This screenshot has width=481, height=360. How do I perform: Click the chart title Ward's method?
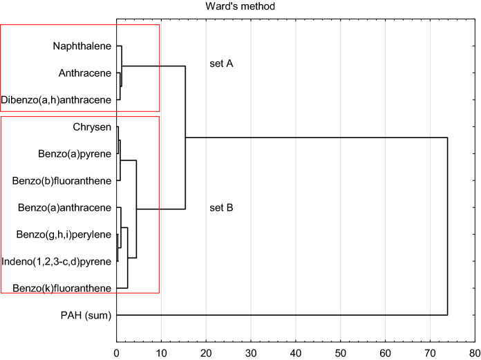point(240,7)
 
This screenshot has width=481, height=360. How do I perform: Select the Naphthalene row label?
point(82,46)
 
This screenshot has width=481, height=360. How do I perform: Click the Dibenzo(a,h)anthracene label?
point(56,100)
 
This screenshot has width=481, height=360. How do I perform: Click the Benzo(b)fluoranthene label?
point(62,181)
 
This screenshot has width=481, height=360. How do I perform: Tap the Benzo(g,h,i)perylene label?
point(64,234)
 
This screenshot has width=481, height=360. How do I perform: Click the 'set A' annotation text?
point(221,64)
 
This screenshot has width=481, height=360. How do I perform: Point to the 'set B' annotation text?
point(221,207)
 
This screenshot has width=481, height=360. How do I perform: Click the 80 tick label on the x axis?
point(475,351)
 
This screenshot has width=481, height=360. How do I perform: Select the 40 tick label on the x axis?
point(296,351)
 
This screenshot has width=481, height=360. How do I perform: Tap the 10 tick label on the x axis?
point(161,351)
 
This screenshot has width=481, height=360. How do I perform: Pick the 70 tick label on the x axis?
point(430,351)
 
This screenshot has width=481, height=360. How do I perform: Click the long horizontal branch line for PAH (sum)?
point(276,315)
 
